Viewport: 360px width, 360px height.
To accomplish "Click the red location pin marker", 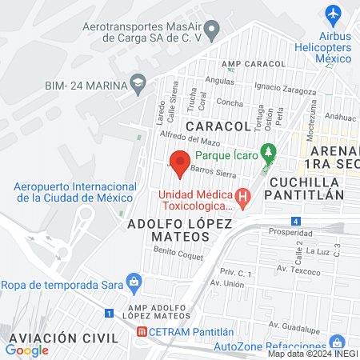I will click(x=180, y=163).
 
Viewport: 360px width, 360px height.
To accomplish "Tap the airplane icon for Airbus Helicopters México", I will click(x=334, y=14).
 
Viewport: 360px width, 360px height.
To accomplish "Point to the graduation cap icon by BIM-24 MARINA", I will click(x=139, y=84).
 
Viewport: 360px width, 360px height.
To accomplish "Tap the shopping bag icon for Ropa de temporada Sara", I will click(x=134, y=281).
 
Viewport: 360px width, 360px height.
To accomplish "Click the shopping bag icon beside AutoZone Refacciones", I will click(x=337, y=342).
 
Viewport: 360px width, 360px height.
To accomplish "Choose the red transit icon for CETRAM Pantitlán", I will click(x=142, y=331).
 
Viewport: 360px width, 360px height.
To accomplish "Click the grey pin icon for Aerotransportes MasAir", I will click(x=212, y=32).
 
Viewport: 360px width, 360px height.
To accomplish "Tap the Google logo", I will click(x=26, y=350).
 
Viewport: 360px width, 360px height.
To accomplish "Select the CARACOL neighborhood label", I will click(x=218, y=126).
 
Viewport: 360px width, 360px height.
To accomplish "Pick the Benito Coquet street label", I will click(x=174, y=251).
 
